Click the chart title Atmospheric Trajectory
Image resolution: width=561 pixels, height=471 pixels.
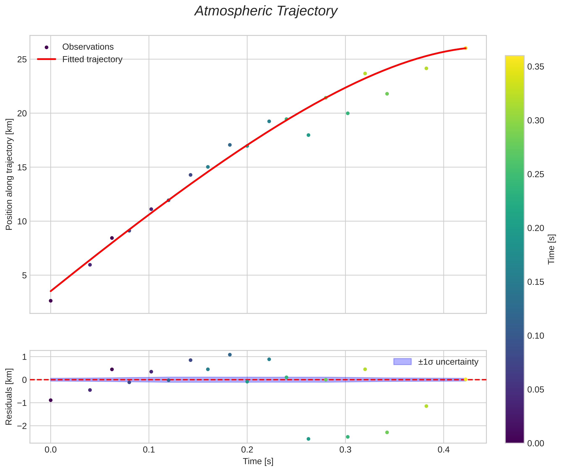[266, 11]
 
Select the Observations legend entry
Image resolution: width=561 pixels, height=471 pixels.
[88, 47]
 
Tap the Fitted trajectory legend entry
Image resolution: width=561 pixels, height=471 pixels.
[92, 59]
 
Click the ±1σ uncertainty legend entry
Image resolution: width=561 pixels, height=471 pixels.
[448, 362]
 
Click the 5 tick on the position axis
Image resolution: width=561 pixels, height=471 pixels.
[24, 275]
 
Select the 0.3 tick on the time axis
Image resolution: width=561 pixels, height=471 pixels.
[345, 450]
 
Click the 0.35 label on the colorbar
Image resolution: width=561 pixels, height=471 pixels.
[535, 67]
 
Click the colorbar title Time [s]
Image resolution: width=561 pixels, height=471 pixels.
[551, 249]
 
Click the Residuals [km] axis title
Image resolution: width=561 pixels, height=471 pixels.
[9, 397]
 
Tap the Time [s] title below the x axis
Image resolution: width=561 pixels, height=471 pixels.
[258, 461]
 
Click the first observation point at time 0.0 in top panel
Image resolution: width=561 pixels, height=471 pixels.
[51, 301]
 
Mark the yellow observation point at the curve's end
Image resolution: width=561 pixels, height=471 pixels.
[465, 48]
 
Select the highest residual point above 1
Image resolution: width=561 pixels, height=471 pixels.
[230, 355]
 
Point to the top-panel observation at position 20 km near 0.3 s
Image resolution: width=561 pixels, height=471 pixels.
[348, 113]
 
